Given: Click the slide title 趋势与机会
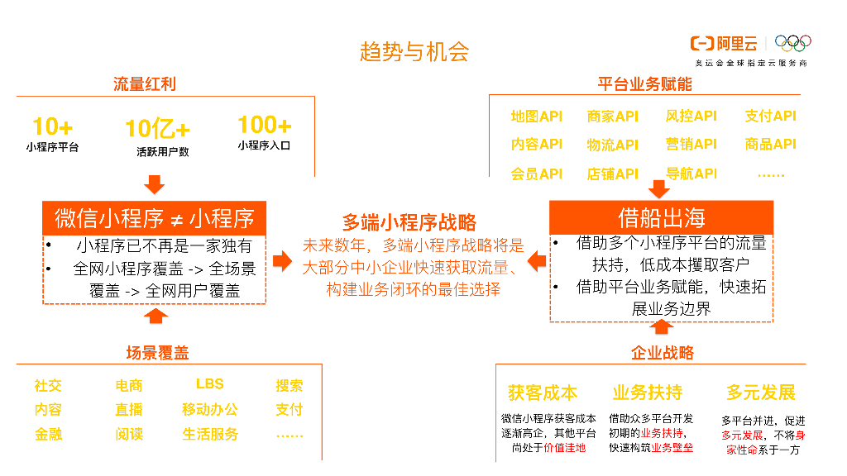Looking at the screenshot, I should point(414,51).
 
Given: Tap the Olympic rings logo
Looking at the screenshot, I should point(795,42).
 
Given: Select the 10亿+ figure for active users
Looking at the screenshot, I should point(157,129).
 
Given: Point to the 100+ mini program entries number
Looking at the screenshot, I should point(264,125).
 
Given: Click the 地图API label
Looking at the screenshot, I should point(536,117).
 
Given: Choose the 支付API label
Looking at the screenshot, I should point(770,117).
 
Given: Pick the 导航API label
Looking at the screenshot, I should point(691,174).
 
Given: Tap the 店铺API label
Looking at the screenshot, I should point(613,174).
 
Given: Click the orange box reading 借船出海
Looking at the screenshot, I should point(662,217).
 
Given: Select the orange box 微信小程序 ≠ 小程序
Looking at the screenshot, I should point(155,218).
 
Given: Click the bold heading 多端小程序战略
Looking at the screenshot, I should point(409,221).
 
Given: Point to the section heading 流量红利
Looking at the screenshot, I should point(145,84).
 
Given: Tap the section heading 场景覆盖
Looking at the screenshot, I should point(157,354).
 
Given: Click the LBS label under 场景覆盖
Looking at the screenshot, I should point(209,384).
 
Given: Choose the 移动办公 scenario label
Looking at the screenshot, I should point(209,409).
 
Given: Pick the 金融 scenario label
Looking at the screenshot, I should point(48,434).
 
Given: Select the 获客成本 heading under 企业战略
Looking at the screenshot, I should point(543,393).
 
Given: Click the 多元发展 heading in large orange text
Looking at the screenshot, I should point(760,393).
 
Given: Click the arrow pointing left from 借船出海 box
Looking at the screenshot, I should point(537,262).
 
